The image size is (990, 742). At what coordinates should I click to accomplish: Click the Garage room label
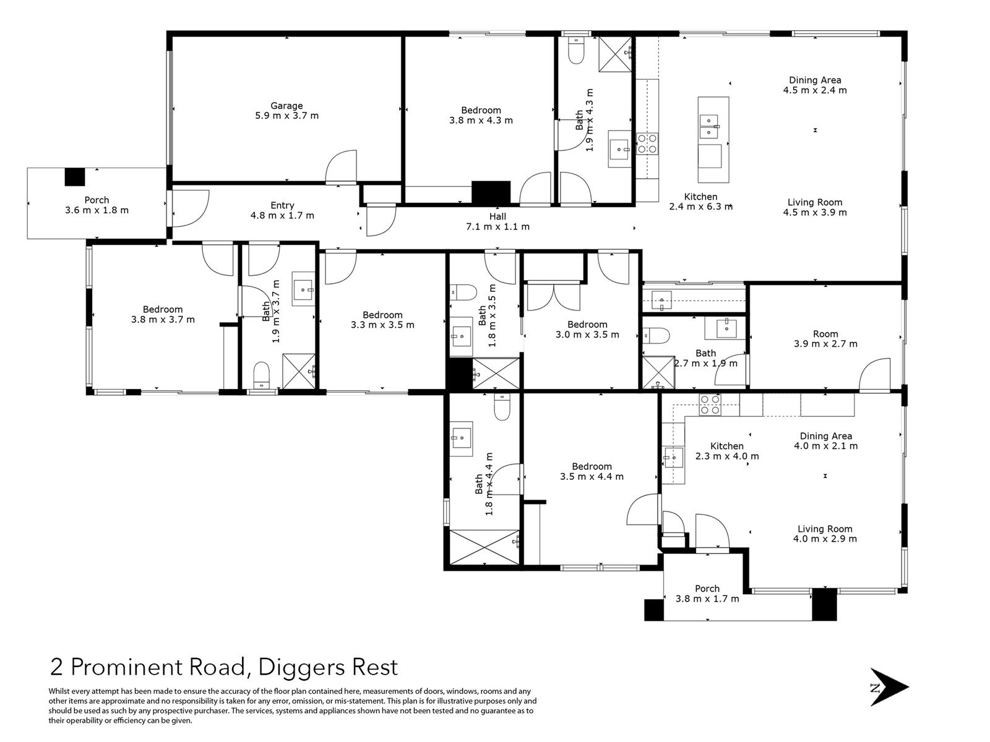click(x=286, y=111)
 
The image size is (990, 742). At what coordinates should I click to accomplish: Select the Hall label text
click(x=497, y=216)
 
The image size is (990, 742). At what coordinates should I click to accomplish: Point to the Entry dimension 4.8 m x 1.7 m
click(x=282, y=215)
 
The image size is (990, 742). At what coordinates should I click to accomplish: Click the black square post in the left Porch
click(x=75, y=177)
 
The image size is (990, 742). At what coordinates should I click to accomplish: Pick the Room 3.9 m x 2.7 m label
click(x=825, y=339)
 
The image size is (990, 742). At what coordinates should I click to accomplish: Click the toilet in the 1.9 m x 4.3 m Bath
click(x=576, y=50)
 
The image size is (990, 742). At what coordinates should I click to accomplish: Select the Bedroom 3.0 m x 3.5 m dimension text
click(x=587, y=335)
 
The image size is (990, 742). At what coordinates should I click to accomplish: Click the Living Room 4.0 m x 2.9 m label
click(x=825, y=534)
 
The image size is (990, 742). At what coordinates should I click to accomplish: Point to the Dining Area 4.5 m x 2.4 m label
click(x=814, y=85)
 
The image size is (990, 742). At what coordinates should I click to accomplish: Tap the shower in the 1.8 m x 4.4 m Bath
click(x=484, y=547)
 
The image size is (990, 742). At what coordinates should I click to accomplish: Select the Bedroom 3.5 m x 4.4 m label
click(x=592, y=471)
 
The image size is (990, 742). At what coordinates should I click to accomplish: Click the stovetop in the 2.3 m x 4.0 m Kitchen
click(x=710, y=404)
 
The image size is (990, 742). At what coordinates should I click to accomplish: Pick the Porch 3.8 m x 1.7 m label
click(x=707, y=594)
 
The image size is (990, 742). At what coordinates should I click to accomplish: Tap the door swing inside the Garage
click(x=342, y=167)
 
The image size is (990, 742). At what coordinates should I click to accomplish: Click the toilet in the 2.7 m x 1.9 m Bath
click(x=656, y=336)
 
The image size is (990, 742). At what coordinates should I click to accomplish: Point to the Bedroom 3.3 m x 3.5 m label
click(x=382, y=320)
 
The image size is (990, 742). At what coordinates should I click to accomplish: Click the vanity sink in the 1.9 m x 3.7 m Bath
click(x=303, y=289)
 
